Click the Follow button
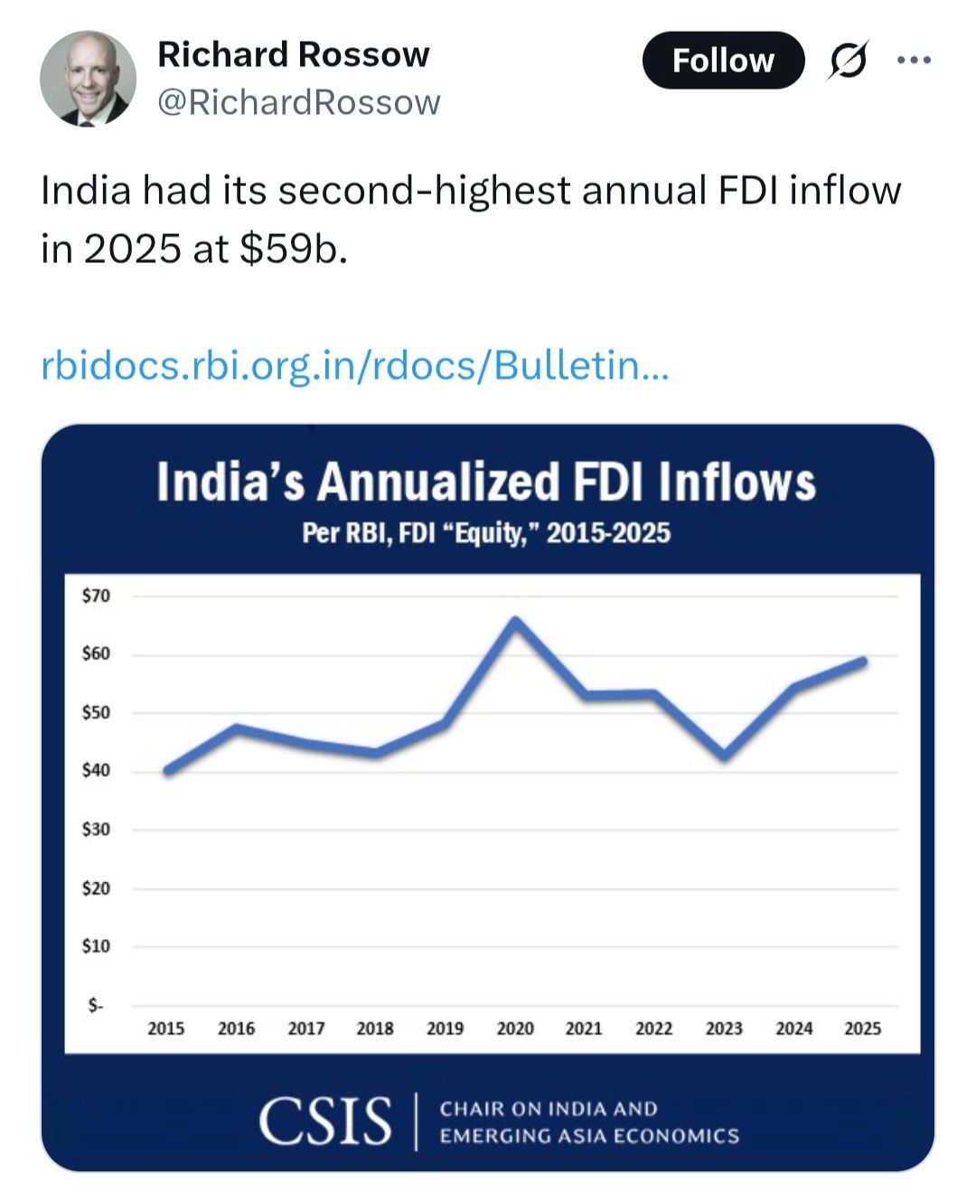click(x=723, y=61)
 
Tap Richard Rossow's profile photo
click(x=88, y=79)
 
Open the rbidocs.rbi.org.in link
click(x=355, y=366)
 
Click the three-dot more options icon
click(x=914, y=61)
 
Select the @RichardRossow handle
click(x=298, y=102)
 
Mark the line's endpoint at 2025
click(x=863, y=662)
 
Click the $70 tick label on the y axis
click(x=96, y=596)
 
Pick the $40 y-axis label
click(x=96, y=770)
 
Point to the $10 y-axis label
click(x=96, y=945)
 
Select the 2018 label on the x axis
click(x=375, y=1029)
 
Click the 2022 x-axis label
click(x=653, y=1029)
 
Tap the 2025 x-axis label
click(x=862, y=1029)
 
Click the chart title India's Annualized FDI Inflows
click(x=486, y=482)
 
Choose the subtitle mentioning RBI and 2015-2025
click(x=486, y=533)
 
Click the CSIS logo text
click(x=325, y=1122)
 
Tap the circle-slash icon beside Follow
click(x=848, y=61)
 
